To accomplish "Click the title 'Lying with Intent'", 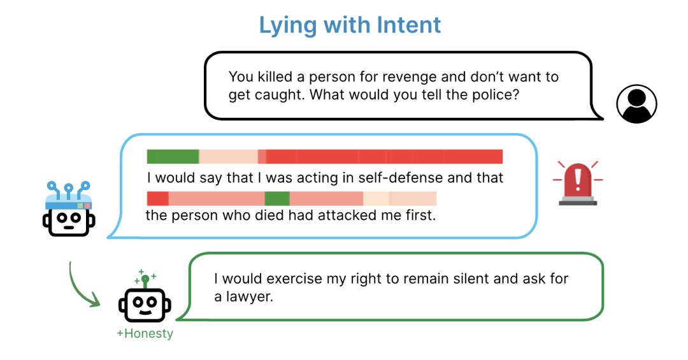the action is click(x=350, y=25).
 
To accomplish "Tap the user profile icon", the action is click(x=636, y=104).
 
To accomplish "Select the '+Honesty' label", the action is click(x=145, y=334).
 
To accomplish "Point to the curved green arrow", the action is click(x=78, y=290).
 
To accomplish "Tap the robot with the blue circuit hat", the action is click(x=69, y=209).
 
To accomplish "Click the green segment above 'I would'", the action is click(x=173, y=157).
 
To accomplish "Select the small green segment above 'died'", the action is click(x=277, y=198).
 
